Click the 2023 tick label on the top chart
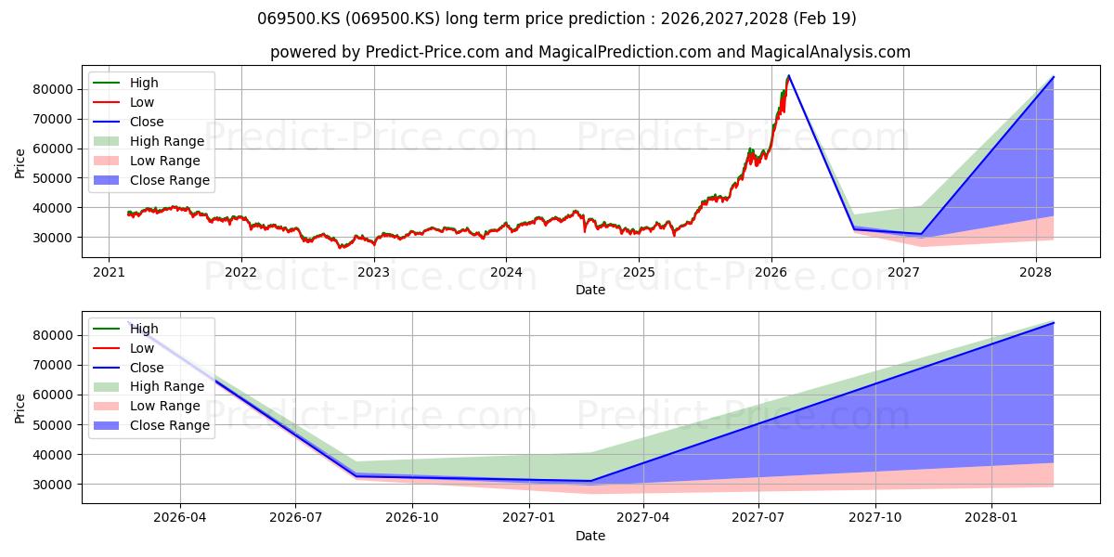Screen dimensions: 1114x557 point(373,273)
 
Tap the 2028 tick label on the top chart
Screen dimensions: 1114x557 point(1036,273)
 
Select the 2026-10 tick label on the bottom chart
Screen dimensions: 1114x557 point(412,518)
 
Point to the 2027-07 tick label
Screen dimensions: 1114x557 point(758,518)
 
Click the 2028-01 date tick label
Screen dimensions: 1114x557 point(991,518)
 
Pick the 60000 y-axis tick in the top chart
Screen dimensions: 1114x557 point(53,149)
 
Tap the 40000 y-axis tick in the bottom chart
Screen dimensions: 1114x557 point(53,455)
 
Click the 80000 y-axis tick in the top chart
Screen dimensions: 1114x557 point(53,89)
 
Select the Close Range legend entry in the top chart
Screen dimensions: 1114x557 point(151,180)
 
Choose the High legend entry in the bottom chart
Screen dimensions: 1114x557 point(126,329)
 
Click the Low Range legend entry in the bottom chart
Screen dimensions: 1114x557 point(147,406)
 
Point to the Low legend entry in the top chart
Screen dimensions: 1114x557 point(123,102)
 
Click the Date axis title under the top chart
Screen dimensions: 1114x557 point(590,290)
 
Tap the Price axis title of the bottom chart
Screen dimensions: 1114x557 point(19,408)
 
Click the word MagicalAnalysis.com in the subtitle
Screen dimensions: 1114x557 point(831,52)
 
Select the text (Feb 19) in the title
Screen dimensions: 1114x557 point(824,19)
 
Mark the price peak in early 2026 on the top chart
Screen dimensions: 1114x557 point(789,75)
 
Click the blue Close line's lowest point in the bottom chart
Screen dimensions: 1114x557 point(590,481)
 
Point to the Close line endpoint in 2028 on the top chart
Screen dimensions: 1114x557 point(1054,77)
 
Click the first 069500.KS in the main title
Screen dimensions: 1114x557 point(299,19)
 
